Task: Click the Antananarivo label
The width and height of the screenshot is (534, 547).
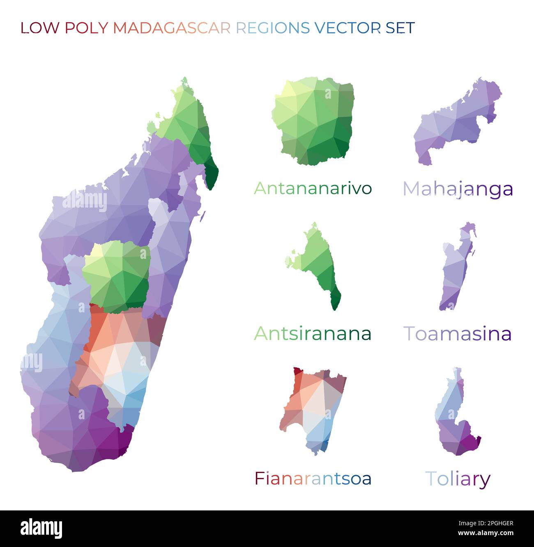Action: coord(313,188)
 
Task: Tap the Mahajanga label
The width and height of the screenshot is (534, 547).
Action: coord(458,189)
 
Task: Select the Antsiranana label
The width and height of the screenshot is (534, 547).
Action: coord(313,333)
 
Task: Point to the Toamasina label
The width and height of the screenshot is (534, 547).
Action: coord(458,333)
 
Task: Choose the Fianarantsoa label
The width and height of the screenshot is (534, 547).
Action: coord(313,478)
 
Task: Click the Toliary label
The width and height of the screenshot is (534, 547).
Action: coord(458,479)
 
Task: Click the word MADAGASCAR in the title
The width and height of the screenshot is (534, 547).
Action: coord(172,28)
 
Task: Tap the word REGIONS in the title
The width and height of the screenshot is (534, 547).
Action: coord(273,28)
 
